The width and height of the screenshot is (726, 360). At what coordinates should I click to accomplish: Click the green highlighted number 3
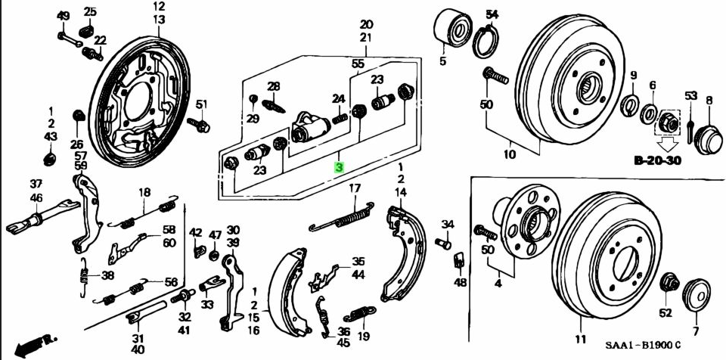(x=340, y=167)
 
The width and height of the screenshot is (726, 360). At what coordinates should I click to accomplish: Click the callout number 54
(x=492, y=15)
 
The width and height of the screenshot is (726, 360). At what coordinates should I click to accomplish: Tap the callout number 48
(x=461, y=282)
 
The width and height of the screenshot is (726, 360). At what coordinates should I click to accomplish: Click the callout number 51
(x=200, y=104)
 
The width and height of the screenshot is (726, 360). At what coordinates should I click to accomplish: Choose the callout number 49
(x=64, y=16)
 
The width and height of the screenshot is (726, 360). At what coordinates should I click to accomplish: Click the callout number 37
(x=36, y=184)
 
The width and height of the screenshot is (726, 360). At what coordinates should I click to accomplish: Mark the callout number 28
(x=273, y=86)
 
